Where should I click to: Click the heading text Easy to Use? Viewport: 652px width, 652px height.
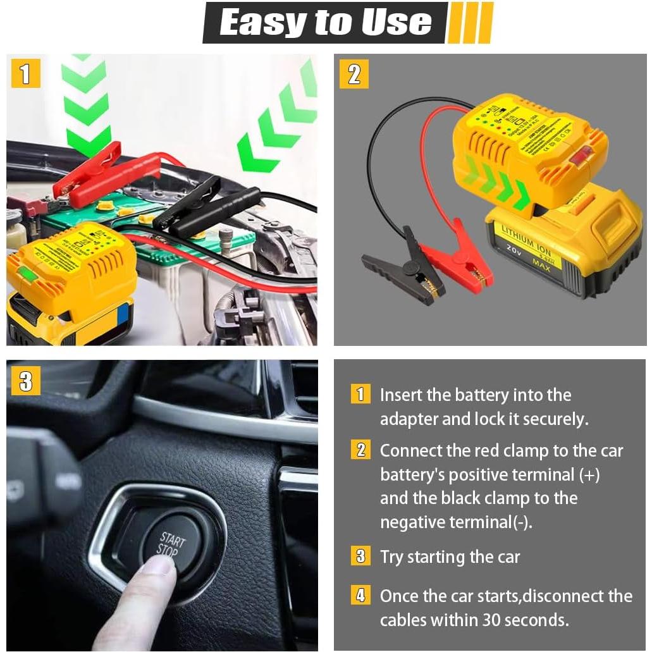pyautogui.click(x=325, y=23)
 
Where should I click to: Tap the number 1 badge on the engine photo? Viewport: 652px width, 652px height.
pyautogui.click(x=25, y=73)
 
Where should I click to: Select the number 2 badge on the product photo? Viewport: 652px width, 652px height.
pyautogui.click(x=354, y=73)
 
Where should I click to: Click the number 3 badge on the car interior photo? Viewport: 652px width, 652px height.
pyautogui.click(x=25, y=381)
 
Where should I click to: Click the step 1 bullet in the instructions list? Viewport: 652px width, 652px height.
pyautogui.click(x=360, y=395)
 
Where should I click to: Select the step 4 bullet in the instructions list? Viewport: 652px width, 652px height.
pyautogui.click(x=360, y=595)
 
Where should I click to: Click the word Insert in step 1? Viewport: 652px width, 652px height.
pyautogui.click(x=401, y=395)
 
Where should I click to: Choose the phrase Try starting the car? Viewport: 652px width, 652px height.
pyautogui.click(x=450, y=557)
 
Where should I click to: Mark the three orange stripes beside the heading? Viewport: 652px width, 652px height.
pyautogui.click(x=470, y=23)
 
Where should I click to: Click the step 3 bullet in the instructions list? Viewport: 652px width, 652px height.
pyautogui.click(x=360, y=557)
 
